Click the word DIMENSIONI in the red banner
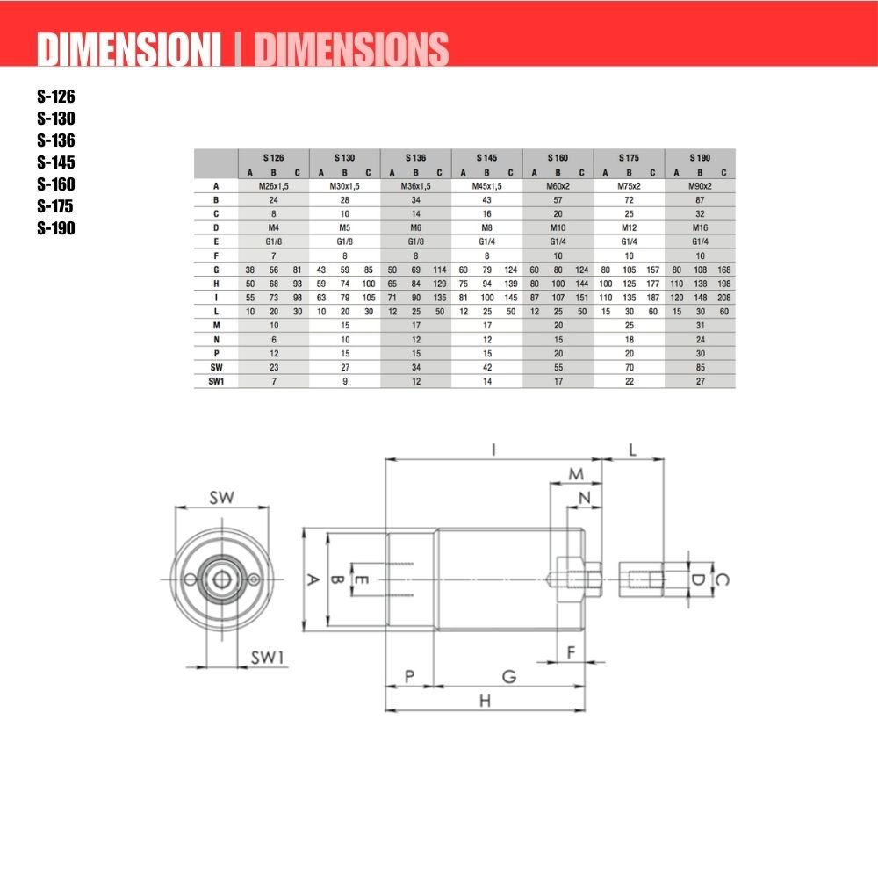129,49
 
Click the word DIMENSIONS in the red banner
352,49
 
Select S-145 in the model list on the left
56,162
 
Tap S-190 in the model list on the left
56,228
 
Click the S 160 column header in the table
558,158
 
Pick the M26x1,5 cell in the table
273,186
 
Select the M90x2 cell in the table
700,186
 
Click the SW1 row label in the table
216,381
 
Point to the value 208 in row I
724,298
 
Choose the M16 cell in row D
700,228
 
